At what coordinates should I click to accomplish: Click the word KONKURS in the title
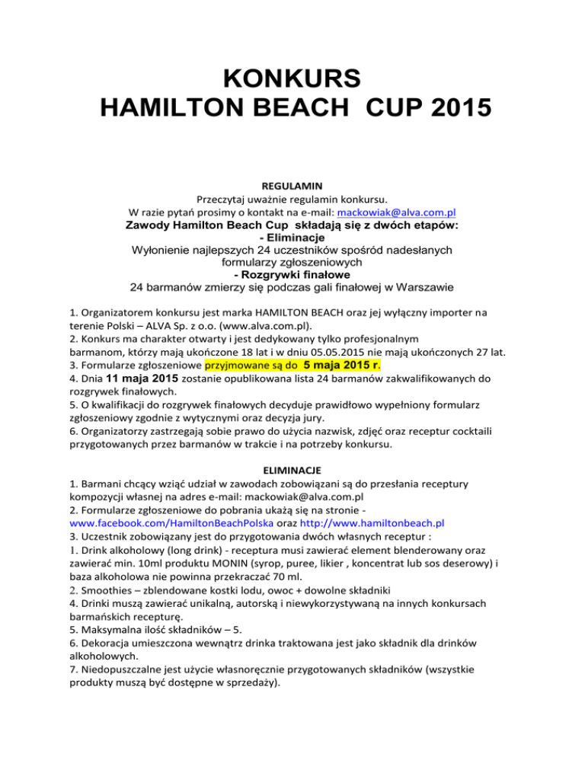(292, 79)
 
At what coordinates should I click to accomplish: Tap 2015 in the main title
(443, 112)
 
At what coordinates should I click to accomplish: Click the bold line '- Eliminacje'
(292, 237)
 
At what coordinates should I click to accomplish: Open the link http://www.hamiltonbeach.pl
(372, 545)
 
